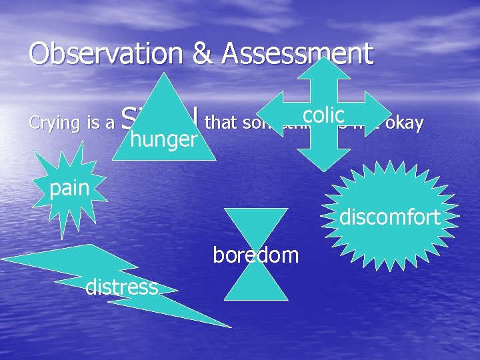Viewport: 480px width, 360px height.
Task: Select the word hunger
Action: coord(165,138)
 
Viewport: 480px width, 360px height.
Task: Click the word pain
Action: coord(69,188)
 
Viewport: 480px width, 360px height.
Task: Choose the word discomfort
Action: coord(389,217)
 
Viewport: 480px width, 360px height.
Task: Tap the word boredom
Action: coord(256,254)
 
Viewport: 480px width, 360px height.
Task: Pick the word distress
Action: coord(122,287)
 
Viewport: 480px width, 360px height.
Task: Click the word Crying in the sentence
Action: coord(53,123)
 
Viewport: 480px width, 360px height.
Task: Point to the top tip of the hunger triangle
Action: coord(165,73)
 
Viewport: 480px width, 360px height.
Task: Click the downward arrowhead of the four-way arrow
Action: coord(323,157)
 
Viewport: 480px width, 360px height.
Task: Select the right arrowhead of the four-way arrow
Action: coord(377,114)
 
